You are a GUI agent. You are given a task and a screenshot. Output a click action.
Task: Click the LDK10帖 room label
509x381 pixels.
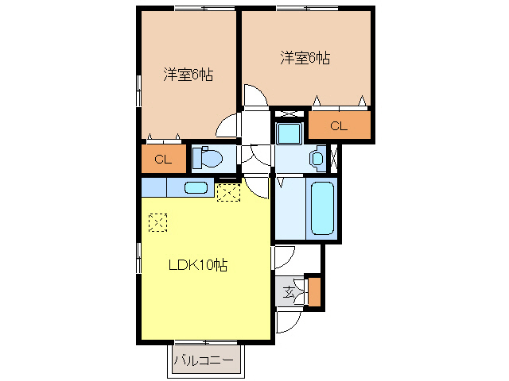[x=198, y=265]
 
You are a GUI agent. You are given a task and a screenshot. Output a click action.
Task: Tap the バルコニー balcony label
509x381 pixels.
[x=204, y=360]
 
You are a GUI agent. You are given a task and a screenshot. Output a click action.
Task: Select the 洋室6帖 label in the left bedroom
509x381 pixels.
[x=188, y=75]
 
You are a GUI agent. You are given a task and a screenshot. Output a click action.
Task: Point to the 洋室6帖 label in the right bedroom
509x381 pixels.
[x=305, y=58]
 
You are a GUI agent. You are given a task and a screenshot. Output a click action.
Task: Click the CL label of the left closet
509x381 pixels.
[x=163, y=159]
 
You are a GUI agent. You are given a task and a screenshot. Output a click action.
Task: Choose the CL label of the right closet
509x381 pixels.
[x=339, y=125]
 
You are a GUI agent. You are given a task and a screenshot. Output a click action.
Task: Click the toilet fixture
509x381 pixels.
[x=207, y=158]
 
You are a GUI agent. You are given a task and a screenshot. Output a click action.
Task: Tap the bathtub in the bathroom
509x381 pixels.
[x=322, y=208]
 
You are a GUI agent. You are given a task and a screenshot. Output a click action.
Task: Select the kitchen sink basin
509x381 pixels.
[x=196, y=187]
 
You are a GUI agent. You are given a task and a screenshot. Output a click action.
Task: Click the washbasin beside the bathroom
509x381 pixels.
[x=318, y=158]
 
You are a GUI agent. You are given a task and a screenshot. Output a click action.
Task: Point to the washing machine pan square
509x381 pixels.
[x=289, y=133]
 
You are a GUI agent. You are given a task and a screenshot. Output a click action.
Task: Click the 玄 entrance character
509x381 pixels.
[x=288, y=293]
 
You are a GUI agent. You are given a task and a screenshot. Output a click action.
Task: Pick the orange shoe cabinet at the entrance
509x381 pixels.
[x=314, y=291]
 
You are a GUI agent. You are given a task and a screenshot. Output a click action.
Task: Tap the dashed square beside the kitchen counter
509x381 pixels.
[x=228, y=192]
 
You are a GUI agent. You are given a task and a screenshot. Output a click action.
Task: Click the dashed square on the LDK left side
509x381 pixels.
[x=158, y=222]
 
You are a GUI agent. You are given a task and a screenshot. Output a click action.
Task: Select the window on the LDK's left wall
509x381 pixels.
[x=139, y=257]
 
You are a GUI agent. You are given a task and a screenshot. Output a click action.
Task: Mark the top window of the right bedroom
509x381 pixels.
[x=308, y=9]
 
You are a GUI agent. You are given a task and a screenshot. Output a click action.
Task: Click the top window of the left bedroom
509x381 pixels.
[x=205, y=9]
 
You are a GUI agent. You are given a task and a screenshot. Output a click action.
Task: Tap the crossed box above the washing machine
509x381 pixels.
[x=289, y=114]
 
